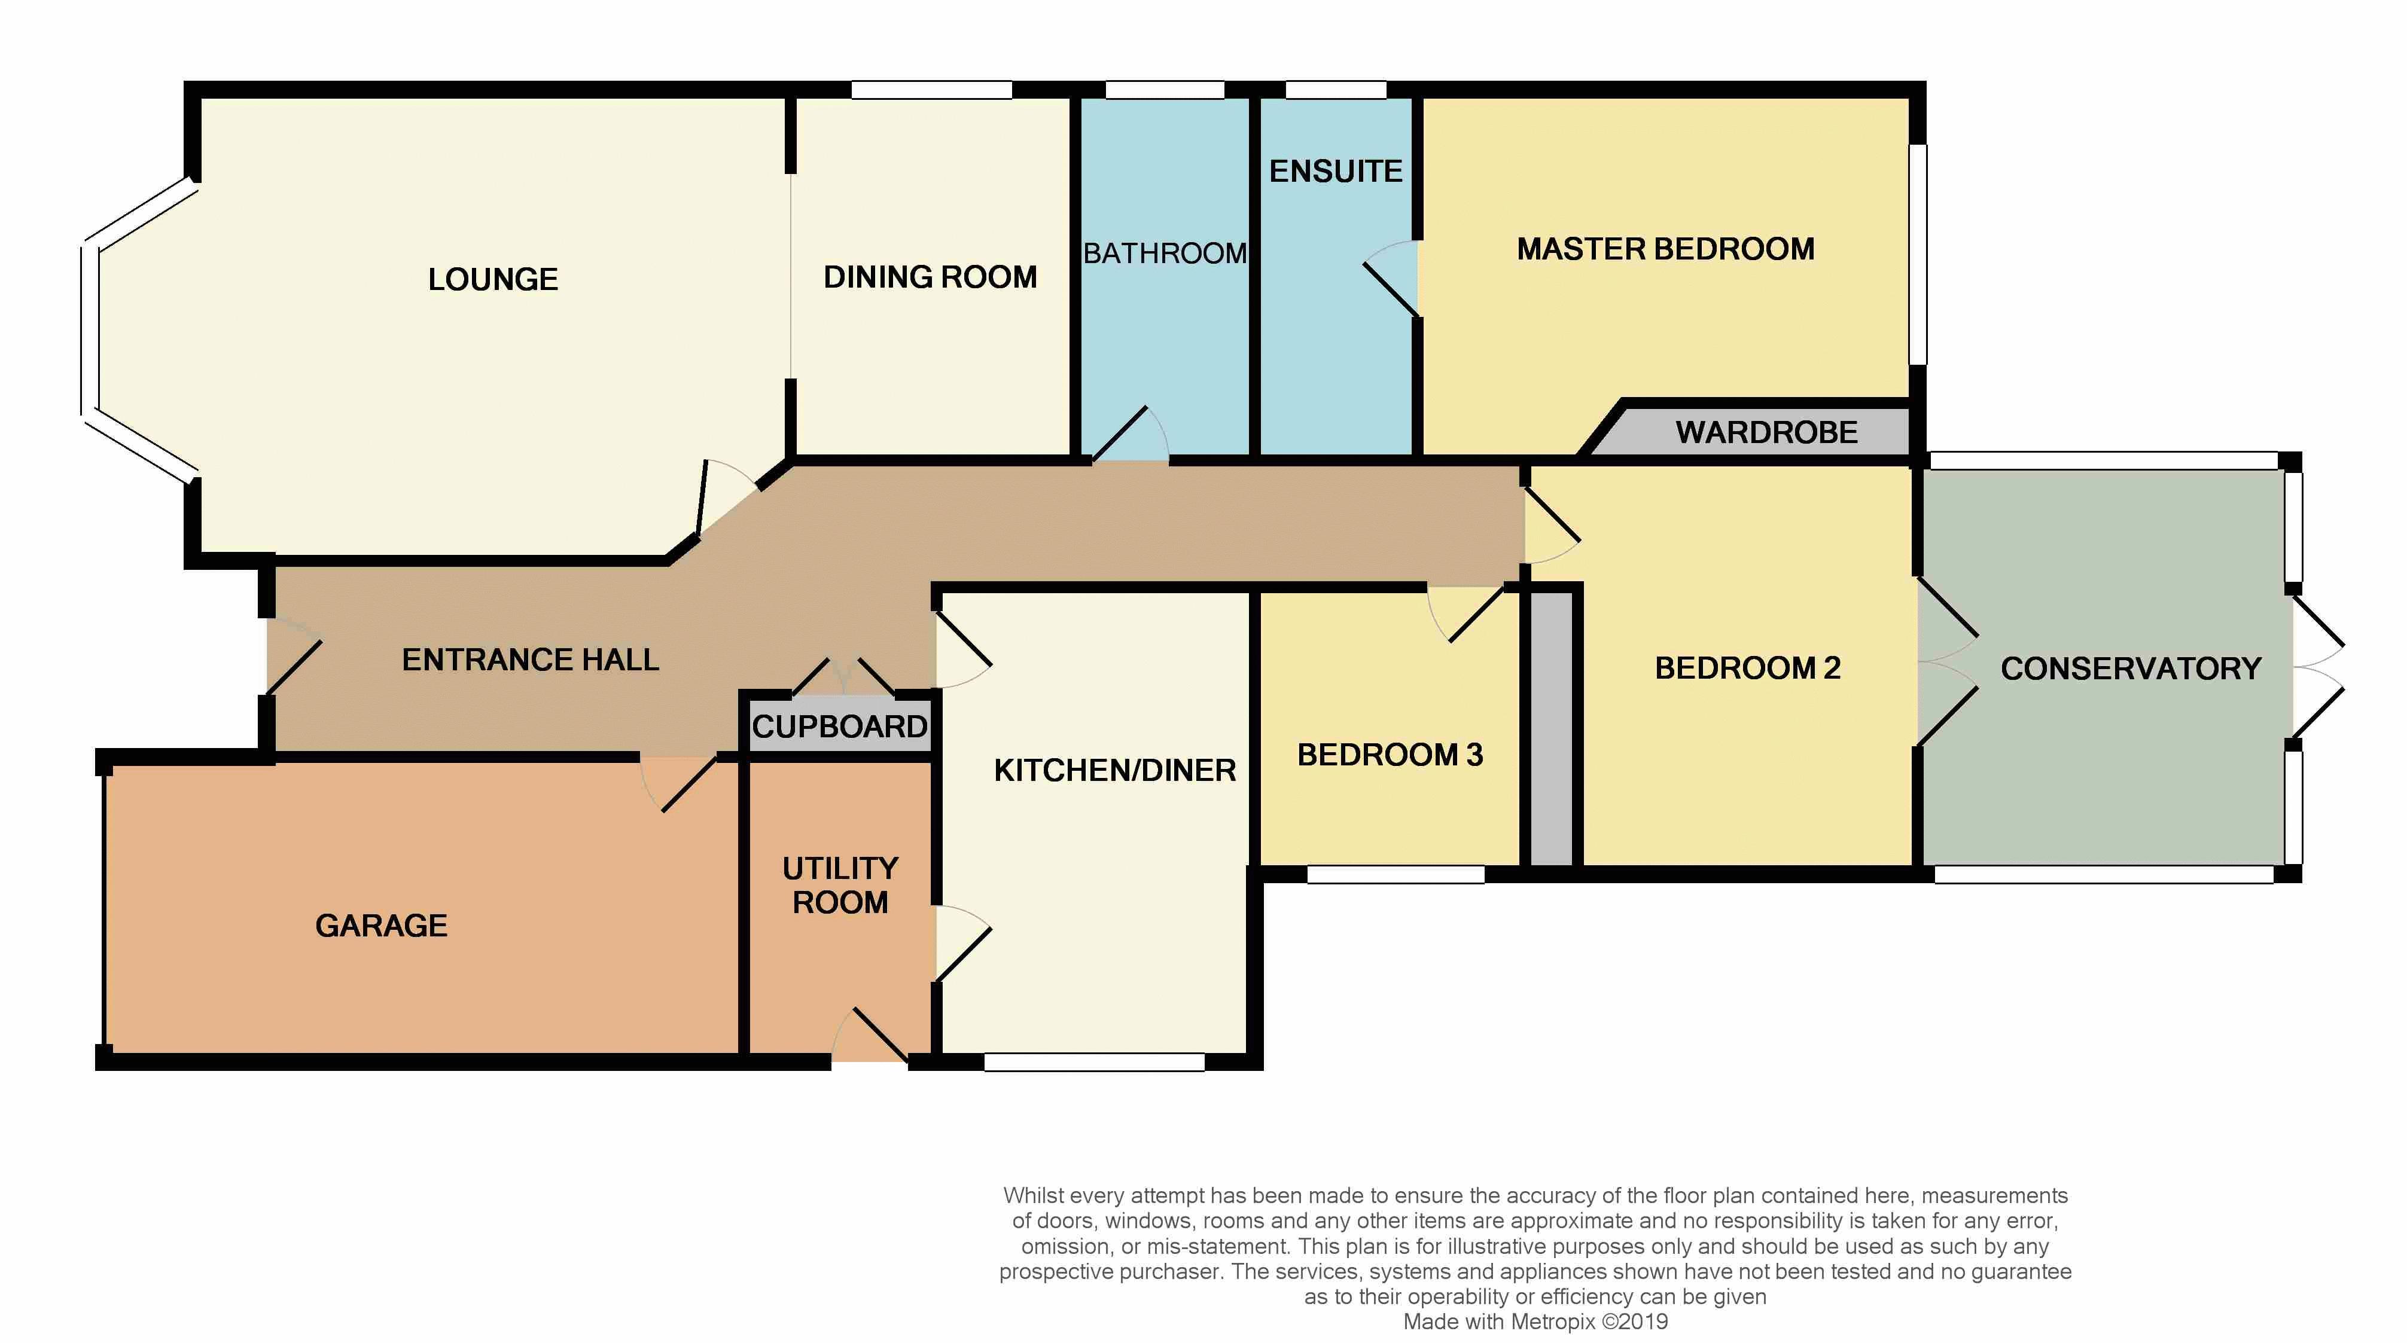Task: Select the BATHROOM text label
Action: click(x=1164, y=253)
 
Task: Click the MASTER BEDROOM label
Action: click(x=1665, y=249)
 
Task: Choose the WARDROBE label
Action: click(x=1766, y=432)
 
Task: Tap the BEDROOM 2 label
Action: click(x=1747, y=669)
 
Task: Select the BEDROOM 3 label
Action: click(x=1390, y=755)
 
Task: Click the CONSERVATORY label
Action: click(x=2131, y=669)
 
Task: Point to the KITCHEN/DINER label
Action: click(x=1115, y=771)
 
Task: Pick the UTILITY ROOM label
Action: click(x=840, y=886)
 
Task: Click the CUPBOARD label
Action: click(x=839, y=727)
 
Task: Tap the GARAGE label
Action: click(x=381, y=926)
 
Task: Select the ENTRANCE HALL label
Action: click(x=530, y=660)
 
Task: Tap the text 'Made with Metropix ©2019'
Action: click(x=1535, y=1321)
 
